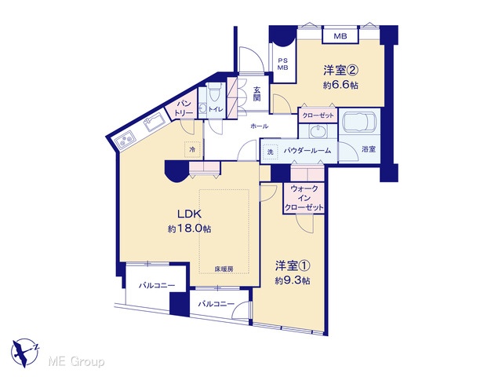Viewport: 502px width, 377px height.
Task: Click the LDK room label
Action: (x=189, y=214)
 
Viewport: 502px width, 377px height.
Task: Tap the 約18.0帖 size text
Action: (x=190, y=229)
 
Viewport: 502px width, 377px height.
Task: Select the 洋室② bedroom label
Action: (x=340, y=70)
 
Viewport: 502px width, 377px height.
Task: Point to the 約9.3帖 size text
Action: (x=293, y=281)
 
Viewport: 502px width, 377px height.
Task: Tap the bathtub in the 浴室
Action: (x=359, y=122)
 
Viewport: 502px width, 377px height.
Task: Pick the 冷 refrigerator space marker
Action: (x=192, y=149)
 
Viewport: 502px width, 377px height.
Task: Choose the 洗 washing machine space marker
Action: (x=270, y=152)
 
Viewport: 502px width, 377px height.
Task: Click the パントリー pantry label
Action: (x=184, y=108)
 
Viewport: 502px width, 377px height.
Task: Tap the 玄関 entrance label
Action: (x=256, y=93)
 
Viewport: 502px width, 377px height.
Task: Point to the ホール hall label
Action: (x=260, y=126)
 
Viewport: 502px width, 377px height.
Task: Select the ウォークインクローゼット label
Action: (x=304, y=198)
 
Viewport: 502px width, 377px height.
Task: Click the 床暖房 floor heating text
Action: (x=224, y=269)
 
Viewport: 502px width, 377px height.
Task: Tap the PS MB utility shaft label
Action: (x=282, y=64)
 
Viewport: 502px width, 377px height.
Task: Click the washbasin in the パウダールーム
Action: (x=318, y=131)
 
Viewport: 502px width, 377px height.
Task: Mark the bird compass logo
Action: (x=25, y=353)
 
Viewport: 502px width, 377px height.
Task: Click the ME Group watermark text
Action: (x=76, y=362)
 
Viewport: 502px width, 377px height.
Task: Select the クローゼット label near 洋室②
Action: (x=318, y=115)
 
